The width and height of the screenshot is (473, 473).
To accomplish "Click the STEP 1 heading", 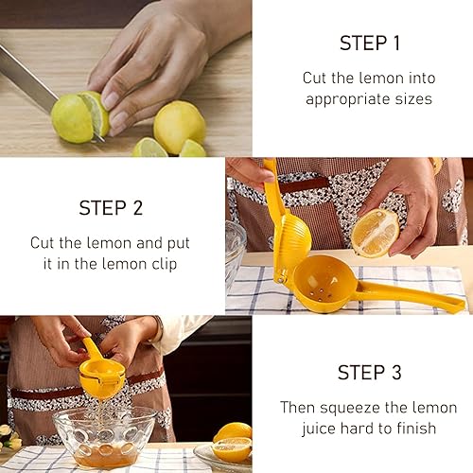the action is point(370,43).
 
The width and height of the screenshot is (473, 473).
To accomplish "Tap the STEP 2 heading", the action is point(111,208).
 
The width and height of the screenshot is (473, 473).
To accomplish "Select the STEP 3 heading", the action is point(370,373).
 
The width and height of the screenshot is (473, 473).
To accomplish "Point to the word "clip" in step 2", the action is point(165,264).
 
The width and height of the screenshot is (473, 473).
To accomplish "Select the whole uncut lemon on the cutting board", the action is point(179,127).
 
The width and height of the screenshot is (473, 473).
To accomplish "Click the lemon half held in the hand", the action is point(376,233).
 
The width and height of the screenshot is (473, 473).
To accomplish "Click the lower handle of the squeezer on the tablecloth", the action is point(410,295).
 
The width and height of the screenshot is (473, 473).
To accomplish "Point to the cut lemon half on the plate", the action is point(232,449).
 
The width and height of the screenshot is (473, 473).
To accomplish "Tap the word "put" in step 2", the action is point(179,243).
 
